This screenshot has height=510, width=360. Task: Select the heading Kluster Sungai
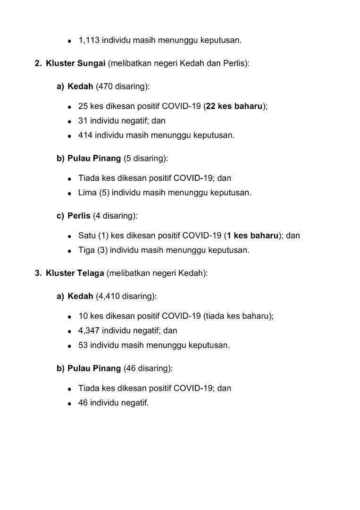pyautogui.click(x=75, y=63)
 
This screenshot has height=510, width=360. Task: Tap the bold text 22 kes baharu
pyautogui.click(x=234, y=106)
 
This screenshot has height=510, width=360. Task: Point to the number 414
pyautogui.click(x=85, y=135)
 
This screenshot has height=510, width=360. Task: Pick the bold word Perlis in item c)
pyautogui.click(x=79, y=216)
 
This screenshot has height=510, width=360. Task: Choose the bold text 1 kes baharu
pyautogui.click(x=252, y=236)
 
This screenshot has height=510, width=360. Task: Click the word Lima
pyautogui.click(x=87, y=193)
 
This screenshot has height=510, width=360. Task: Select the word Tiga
pyautogui.click(x=87, y=250)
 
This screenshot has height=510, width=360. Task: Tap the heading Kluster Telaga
pyautogui.click(x=75, y=273)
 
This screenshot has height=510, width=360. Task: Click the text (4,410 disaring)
pyautogui.click(x=126, y=296)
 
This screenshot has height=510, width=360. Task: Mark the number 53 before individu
pyautogui.click(x=83, y=345)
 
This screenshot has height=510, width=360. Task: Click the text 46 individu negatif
pyautogui.click(x=113, y=403)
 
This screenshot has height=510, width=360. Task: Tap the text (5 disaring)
pyautogui.click(x=145, y=158)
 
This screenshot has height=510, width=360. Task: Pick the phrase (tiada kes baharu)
pyautogui.click(x=238, y=316)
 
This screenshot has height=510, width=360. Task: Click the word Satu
pyautogui.click(x=87, y=236)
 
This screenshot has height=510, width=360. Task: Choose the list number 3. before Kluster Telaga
pyautogui.click(x=38, y=273)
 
